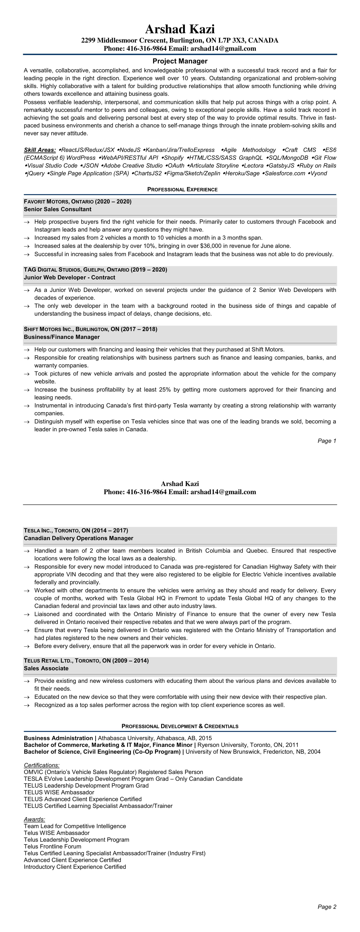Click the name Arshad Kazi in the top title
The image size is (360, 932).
[x=180, y=29]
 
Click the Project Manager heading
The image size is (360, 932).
[x=180, y=61]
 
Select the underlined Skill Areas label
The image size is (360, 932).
[x=40, y=150]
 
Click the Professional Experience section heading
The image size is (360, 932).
[x=182, y=189]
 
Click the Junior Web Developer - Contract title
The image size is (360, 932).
[x=69, y=277]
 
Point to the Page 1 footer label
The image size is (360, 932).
[x=327, y=441]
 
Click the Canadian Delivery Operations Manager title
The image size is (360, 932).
[x=79, y=538]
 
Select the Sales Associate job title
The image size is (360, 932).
[x=46, y=668]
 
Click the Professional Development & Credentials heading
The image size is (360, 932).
[x=180, y=726]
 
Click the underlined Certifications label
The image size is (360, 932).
[x=42, y=765]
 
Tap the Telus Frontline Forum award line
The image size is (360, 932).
[x=53, y=847]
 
